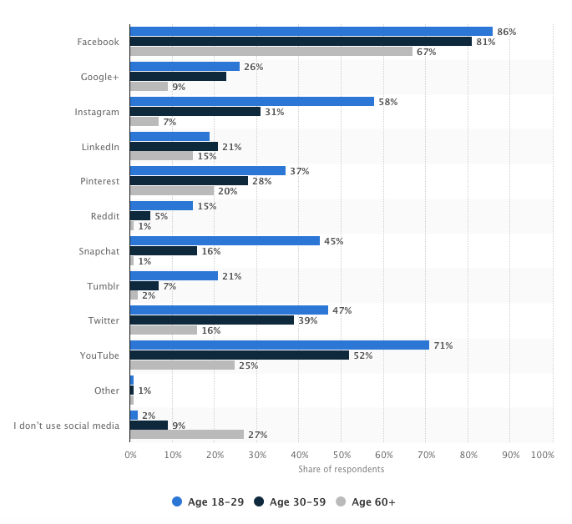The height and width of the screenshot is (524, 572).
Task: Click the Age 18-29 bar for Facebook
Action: point(311,32)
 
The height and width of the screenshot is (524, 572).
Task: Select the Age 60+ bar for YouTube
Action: point(182,365)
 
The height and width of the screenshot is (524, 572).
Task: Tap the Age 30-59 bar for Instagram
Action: point(195,112)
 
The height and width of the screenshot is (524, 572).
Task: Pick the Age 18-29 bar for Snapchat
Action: point(225,241)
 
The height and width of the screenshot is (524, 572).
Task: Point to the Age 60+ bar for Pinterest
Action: point(172,191)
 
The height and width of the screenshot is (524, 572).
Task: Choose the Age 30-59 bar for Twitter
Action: point(211,320)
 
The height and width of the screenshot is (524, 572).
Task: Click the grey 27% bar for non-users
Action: point(186,435)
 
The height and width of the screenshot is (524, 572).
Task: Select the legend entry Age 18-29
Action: point(208,501)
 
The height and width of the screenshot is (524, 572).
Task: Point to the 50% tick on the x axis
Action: point(342,456)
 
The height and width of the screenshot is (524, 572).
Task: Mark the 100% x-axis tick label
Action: point(542,456)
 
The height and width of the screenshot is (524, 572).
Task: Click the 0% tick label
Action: point(130,456)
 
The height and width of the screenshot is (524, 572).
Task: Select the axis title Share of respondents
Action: point(341,469)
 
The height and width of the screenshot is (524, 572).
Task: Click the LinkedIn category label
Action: point(100,147)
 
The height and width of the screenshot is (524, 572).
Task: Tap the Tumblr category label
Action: point(104,285)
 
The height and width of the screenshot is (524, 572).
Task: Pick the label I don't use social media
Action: point(67,426)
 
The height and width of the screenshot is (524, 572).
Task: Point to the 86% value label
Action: point(506,32)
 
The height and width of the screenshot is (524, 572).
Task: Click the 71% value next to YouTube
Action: point(443,345)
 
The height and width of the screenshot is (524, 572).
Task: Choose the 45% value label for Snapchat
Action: point(332,241)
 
